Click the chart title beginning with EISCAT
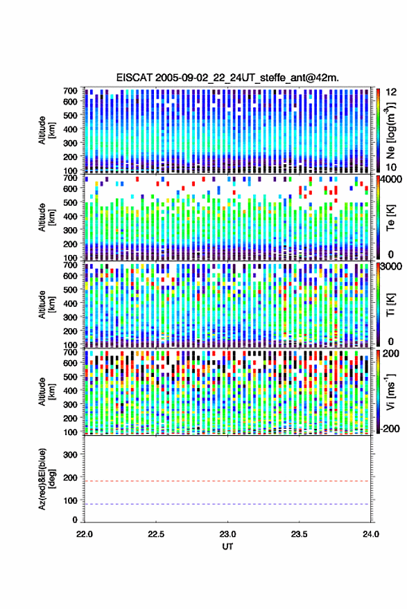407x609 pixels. (227, 78)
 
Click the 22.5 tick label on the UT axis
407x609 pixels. (156, 534)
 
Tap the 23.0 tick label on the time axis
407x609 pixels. (227, 534)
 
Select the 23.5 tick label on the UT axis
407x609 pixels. (299, 534)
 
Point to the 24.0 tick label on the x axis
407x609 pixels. (371, 534)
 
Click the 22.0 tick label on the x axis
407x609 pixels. (85, 534)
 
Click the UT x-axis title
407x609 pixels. (227, 547)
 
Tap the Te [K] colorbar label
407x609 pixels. (390, 218)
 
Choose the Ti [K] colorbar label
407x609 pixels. (390, 305)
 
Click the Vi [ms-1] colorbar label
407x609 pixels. (390, 391)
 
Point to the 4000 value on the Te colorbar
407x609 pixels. (392, 180)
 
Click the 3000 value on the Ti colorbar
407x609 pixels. (392, 267)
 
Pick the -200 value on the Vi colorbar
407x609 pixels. (390, 429)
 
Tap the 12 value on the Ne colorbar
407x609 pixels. (391, 92)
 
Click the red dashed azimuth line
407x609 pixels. (227, 481)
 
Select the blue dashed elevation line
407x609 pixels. (227, 504)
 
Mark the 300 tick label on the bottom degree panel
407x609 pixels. (70, 454)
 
